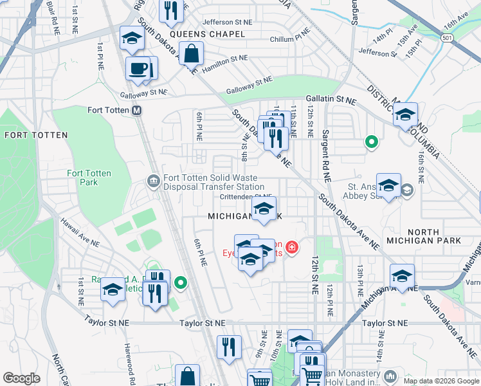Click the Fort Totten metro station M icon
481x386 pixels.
click(x=137, y=110)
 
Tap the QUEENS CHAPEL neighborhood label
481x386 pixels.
click(x=208, y=34)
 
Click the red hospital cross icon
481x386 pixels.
click(x=292, y=247)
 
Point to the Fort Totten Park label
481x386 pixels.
click(x=89, y=178)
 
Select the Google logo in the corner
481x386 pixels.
click(x=21, y=378)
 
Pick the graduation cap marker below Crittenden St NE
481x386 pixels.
click(x=262, y=208)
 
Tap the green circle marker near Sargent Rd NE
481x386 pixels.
click(x=370, y=142)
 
